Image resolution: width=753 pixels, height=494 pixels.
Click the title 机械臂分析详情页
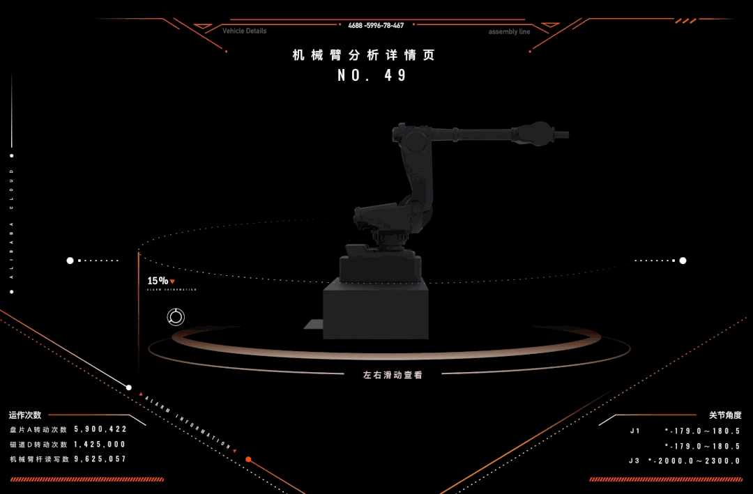pyautogui.click(x=363, y=55)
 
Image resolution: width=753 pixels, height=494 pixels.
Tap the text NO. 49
pyautogui.click(x=372, y=75)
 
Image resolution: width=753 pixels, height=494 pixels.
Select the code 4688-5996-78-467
pyautogui.click(x=376, y=26)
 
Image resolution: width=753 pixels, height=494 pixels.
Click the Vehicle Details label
pyautogui.click(x=244, y=31)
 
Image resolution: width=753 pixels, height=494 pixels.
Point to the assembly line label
pyautogui.click(x=509, y=32)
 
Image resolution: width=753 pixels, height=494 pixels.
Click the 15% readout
pyautogui.click(x=157, y=281)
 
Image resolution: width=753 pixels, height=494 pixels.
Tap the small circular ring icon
pyautogui.click(x=176, y=318)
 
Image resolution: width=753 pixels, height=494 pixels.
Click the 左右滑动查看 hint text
pyautogui.click(x=393, y=375)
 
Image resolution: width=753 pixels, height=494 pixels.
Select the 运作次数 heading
pyautogui.click(x=25, y=415)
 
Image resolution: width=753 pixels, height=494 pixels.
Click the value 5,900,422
pyautogui.click(x=100, y=429)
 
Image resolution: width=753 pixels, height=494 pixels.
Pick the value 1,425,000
pyautogui.click(x=100, y=444)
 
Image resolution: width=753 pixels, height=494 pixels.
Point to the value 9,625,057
pyautogui.click(x=100, y=458)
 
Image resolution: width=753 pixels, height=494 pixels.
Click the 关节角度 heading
pyautogui.click(x=725, y=415)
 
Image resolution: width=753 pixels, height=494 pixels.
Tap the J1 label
pyautogui.click(x=635, y=431)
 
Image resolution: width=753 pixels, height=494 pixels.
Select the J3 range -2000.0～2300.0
pyautogui.click(x=694, y=461)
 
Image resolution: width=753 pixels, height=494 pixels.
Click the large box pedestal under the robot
pyautogui.click(x=375, y=312)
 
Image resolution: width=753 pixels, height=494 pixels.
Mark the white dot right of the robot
pyautogui.click(x=683, y=261)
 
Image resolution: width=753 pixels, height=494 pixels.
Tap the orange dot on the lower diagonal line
pyautogui.click(x=248, y=460)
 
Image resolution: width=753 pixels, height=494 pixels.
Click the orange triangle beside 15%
pyautogui.click(x=172, y=281)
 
